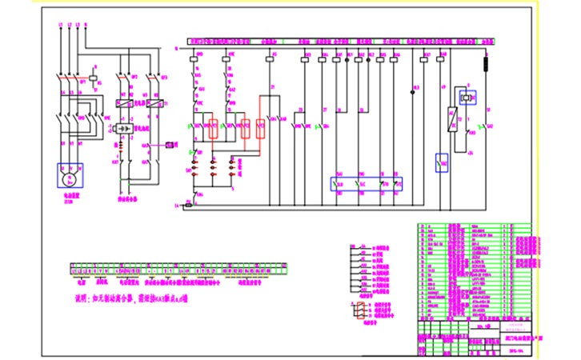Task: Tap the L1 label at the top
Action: [62, 26]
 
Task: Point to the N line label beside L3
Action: [86, 26]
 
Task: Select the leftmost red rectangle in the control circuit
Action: [214, 128]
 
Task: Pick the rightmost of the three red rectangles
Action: [261, 128]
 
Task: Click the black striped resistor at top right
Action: [487, 62]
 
